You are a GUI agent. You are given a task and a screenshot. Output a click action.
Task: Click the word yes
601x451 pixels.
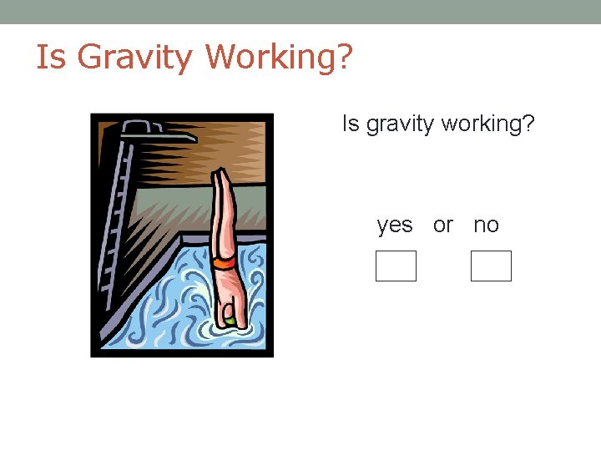point(395,225)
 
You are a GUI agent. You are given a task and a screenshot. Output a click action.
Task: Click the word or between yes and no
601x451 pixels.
point(442,225)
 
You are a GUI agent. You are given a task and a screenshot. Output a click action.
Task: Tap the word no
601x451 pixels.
point(486,225)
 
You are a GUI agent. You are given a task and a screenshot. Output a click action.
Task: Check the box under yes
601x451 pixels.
point(396,266)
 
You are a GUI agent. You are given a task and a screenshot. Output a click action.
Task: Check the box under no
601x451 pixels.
point(491,266)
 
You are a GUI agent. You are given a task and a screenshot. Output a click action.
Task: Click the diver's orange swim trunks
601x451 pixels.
point(224,263)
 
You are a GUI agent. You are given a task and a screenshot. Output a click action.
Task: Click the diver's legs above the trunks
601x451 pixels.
point(221,217)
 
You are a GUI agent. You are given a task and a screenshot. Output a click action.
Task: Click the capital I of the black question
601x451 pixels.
point(345,124)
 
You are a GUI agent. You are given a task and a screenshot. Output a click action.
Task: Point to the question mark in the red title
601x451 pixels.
point(344,57)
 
